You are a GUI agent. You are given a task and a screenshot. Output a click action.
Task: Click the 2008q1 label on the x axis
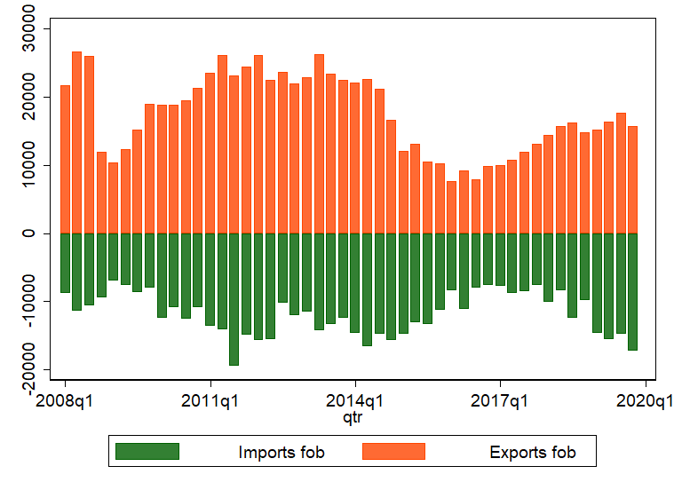(x=66, y=400)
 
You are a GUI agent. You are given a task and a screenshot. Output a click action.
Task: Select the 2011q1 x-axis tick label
(x=210, y=400)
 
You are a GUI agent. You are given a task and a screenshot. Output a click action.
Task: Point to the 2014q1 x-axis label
(x=355, y=400)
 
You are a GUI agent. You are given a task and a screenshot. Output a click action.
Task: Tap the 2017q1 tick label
(x=500, y=400)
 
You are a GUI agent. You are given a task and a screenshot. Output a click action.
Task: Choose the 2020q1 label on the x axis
(x=644, y=400)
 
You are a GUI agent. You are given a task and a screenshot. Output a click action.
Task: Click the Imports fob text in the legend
(x=281, y=453)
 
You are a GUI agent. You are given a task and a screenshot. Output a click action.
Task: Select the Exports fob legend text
(x=533, y=453)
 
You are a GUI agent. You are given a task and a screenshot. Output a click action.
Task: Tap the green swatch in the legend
(x=147, y=452)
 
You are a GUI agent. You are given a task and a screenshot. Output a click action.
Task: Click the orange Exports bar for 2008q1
(x=65, y=160)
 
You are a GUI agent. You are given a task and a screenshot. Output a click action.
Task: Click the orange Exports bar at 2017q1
(x=500, y=199)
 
